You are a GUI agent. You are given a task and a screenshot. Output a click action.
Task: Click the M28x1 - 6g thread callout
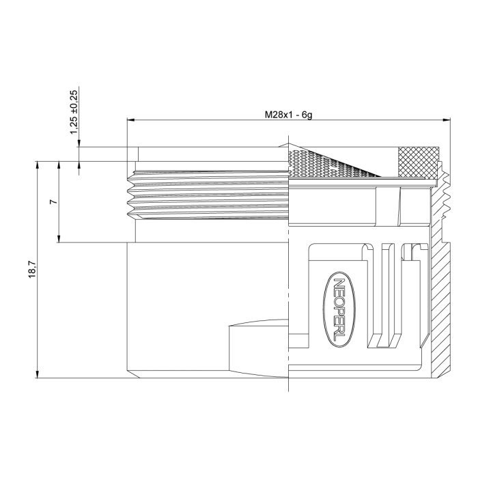tap(288, 115)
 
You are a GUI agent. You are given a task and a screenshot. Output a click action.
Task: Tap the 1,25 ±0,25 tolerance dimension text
tap(74, 111)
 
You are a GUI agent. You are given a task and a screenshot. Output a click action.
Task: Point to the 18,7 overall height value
tap(31, 268)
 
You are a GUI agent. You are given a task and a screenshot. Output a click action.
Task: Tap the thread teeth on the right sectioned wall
tap(447, 195)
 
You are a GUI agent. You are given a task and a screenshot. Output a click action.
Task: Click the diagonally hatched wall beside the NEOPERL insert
tap(442, 307)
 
